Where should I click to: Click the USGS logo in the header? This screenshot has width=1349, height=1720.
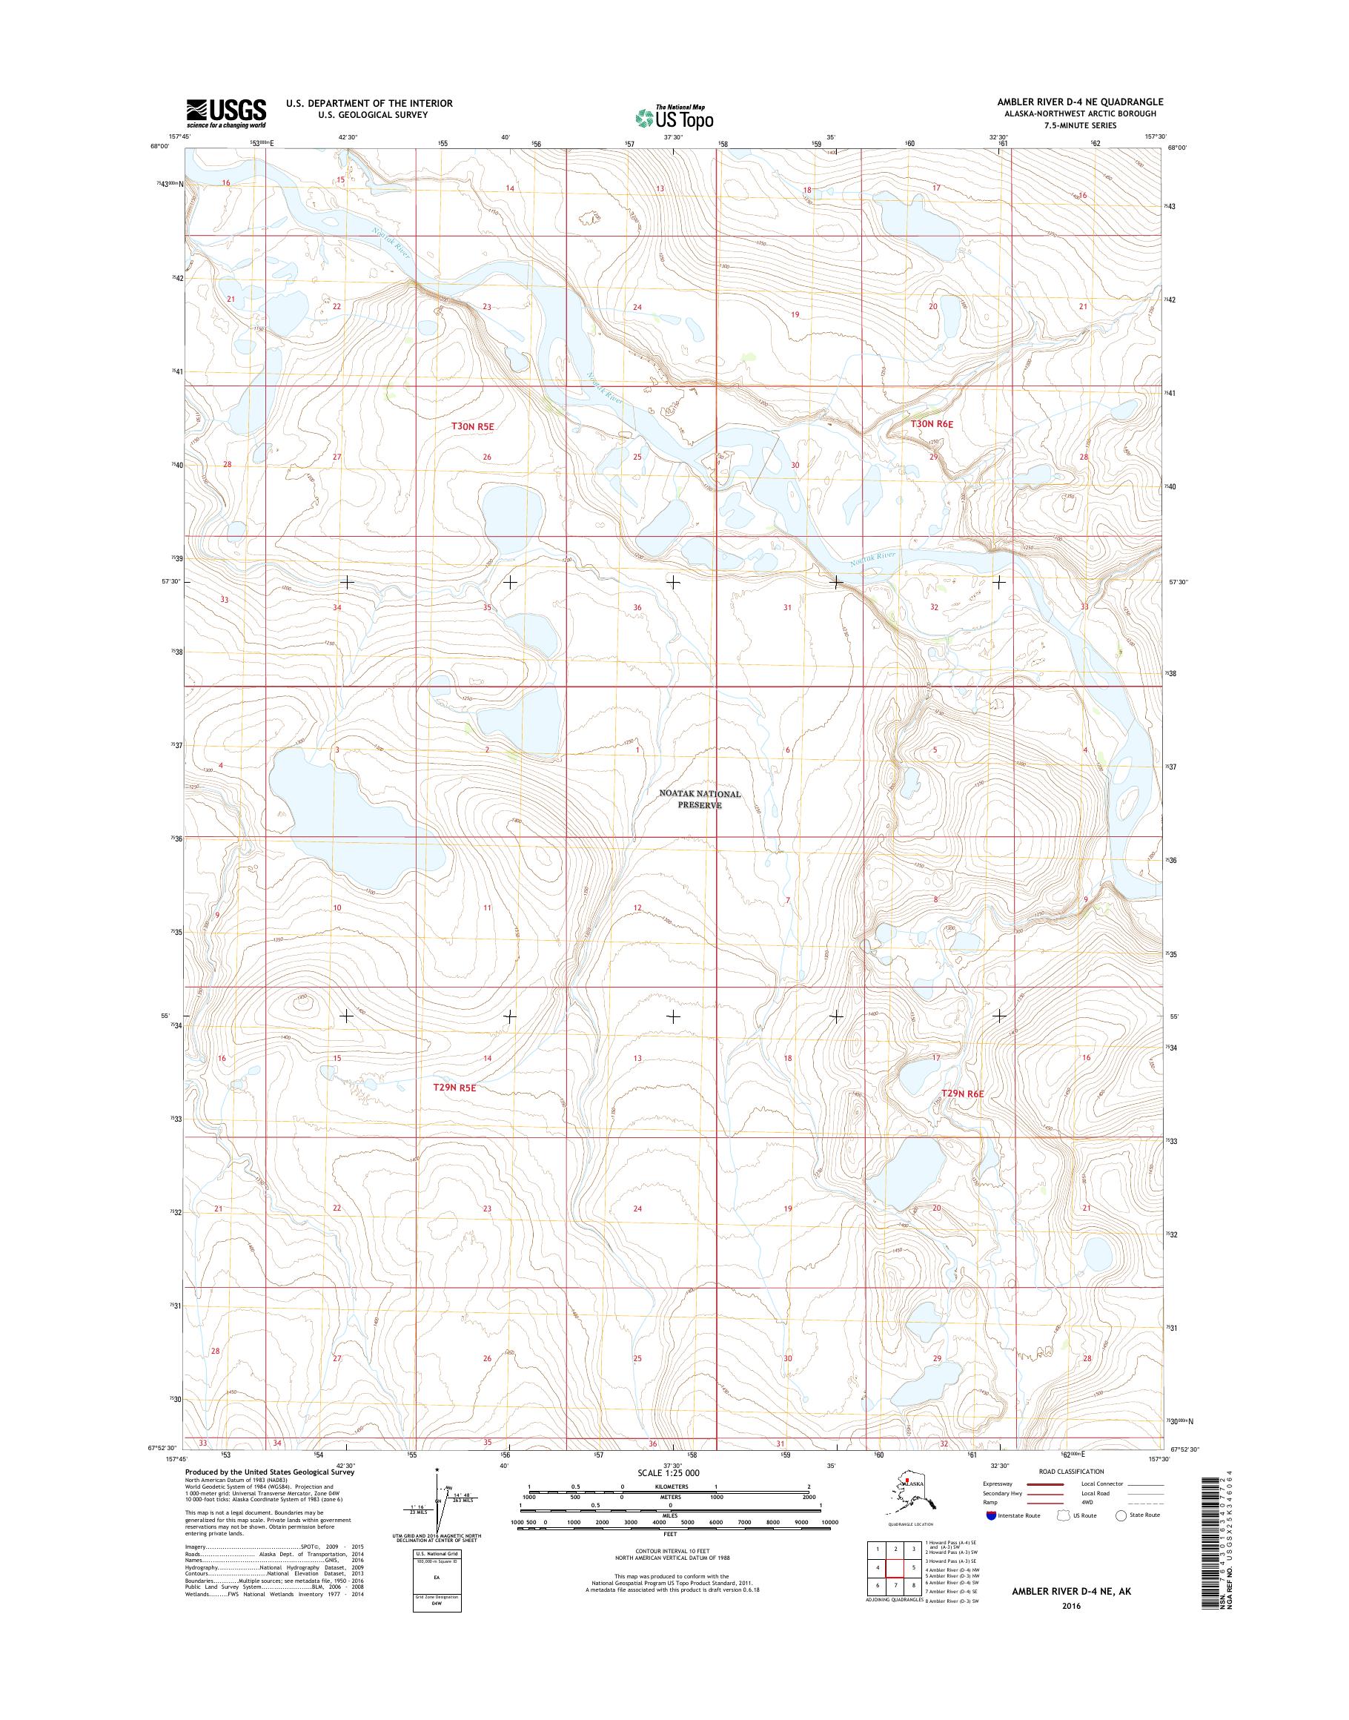(226, 113)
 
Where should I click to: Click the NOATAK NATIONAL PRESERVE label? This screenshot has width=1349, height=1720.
(700, 799)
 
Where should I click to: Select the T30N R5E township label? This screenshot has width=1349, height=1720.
(472, 426)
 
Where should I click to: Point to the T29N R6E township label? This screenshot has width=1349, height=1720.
(963, 1094)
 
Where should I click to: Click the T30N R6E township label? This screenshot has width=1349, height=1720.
(932, 424)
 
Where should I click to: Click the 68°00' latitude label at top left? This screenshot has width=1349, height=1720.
(159, 146)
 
